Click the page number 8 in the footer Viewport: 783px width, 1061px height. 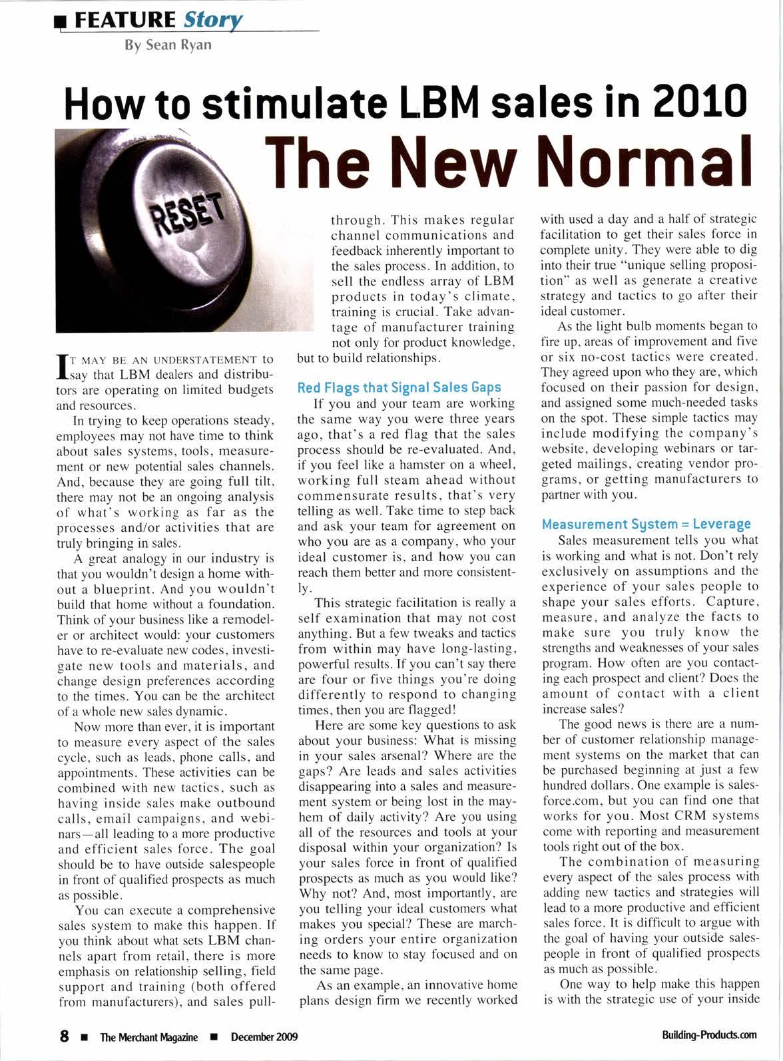(65, 1036)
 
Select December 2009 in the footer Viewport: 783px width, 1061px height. (264, 1036)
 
